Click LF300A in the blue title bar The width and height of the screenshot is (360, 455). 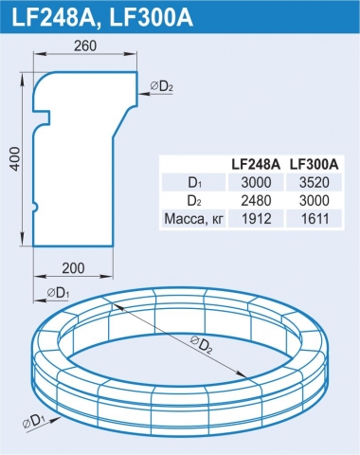pos(151,17)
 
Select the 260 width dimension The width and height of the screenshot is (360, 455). pos(85,46)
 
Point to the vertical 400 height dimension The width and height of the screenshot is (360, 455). pos(15,159)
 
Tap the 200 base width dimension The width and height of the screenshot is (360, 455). pos(73,268)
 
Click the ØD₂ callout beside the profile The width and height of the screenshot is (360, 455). pos(162,86)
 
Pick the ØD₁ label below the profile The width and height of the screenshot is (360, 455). pos(59,293)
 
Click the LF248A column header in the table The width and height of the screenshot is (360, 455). pos(256,164)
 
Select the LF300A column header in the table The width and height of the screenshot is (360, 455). pos(315,164)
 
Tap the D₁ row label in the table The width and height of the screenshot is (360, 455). pos(194,183)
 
